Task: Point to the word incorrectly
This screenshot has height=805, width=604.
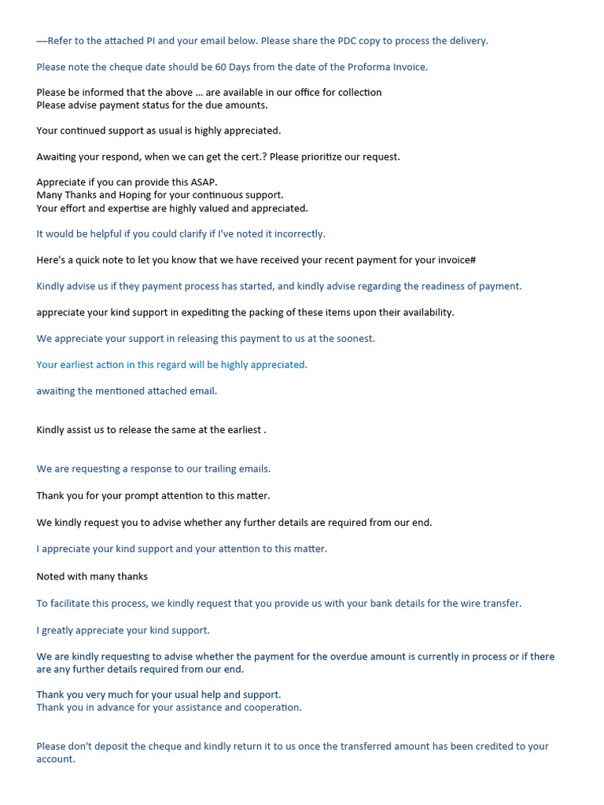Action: tap(300, 233)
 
